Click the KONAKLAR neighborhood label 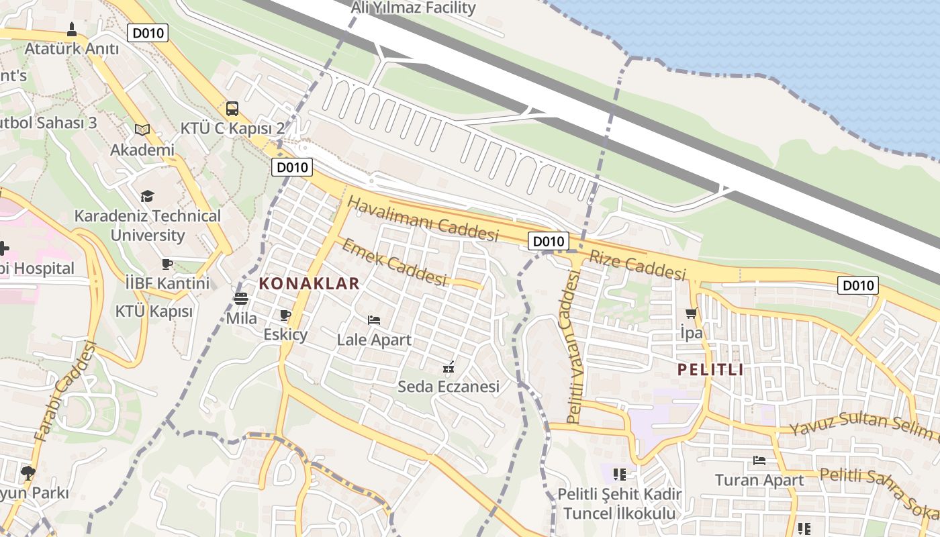310,283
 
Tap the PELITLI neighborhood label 710,369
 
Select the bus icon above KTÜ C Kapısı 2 232,109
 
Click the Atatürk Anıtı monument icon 72,30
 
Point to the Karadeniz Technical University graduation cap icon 147,196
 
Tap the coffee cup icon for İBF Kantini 167,264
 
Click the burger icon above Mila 241,299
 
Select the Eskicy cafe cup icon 285,315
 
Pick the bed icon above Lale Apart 374,320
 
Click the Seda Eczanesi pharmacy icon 449,367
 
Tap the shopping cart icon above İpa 691,313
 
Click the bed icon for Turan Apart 759,460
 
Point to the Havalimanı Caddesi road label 424,219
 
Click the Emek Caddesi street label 394,262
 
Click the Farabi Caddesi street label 65,391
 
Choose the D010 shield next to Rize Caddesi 549,242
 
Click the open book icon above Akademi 142,130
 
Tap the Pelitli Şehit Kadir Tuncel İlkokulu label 620,503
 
